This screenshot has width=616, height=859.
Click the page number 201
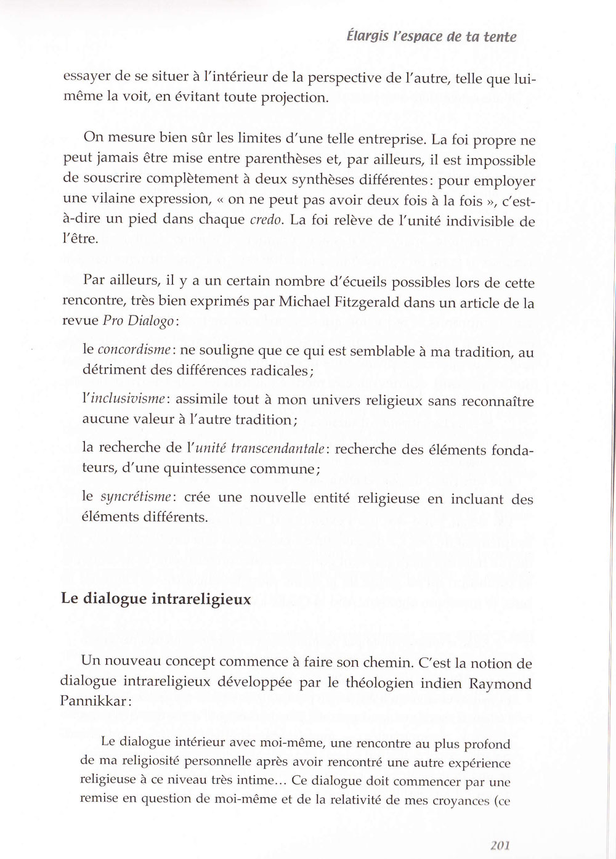500,845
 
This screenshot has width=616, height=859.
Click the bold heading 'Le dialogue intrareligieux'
156,598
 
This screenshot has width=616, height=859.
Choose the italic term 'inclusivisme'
126,399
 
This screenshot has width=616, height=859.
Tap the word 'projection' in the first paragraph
291,97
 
